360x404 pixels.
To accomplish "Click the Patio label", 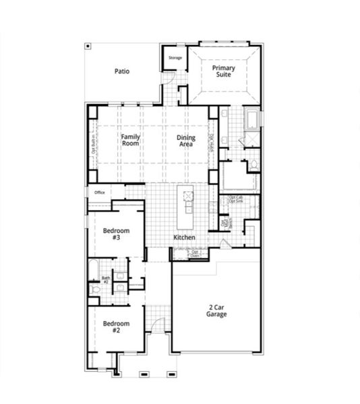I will pos(121,71).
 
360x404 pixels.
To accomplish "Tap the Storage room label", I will pos(175,58).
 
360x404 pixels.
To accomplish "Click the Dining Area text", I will pos(186,141).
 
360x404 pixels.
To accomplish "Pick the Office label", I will pos(99,193).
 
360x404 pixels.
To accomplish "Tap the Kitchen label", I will pos(184,238).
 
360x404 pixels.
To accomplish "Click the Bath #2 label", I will pos(106,279).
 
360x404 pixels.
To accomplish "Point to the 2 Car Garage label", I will pos(216,311).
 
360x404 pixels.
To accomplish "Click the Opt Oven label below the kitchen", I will pos(194,254).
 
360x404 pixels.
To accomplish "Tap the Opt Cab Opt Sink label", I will pos(236,200).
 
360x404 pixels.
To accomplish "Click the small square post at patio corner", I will pos(87,46).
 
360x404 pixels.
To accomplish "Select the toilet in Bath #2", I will pos(95,289).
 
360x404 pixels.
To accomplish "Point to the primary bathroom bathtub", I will pos(251,120).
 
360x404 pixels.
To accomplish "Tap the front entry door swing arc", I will pos(156,325).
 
